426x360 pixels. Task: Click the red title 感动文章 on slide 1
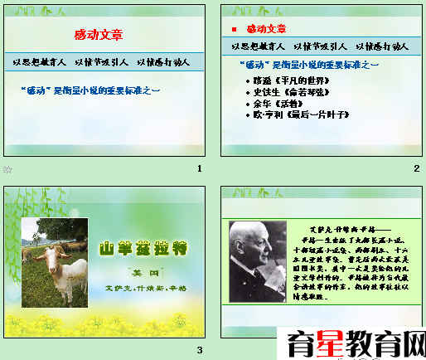click(99, 34)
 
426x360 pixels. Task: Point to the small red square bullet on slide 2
click(234, 29)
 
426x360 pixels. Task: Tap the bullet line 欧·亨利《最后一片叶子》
click(294, 115)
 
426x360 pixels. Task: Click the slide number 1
click(200, 169)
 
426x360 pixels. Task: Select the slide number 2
click(417, 169)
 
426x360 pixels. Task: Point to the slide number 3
click(200, 350)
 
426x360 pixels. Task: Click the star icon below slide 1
click(7, 169)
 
